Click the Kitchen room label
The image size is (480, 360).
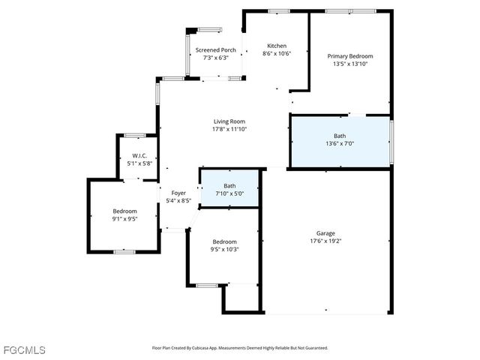[x=276, y=46]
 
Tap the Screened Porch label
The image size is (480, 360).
[x=216, y=50]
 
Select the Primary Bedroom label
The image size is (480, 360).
[x=350, y=56]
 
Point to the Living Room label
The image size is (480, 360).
[x=229, y=121]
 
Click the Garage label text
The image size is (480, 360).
[x=325, y=233]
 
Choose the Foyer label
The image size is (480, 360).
[x=178, y=193]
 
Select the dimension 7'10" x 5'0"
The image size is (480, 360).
[x=229, y=193]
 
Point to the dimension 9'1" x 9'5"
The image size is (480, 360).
[x=124, y=219]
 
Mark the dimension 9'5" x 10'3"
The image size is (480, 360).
[x=223, y=249]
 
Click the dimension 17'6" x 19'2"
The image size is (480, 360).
[x=325, y=241]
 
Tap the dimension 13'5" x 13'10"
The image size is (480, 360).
[x=350, y=64]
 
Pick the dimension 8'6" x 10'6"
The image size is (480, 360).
[x=276, y=53]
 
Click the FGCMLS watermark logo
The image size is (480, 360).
[x=24, y=349]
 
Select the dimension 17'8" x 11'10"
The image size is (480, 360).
[x=229, y=129]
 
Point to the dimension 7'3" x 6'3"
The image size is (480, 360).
[x=216, y=58]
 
